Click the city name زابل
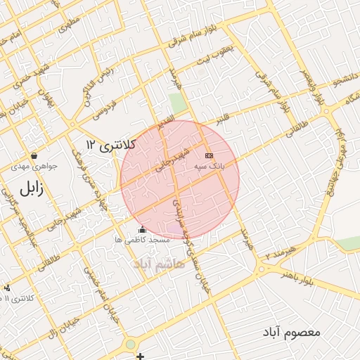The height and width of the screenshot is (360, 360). pos(30,189)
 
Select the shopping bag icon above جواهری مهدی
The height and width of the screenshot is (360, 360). pos(34,156)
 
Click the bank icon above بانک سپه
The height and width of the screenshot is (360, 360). pos(208,155)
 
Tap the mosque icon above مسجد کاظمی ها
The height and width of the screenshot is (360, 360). pos(143,229)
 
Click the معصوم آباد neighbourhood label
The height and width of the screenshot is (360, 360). pos(294,330)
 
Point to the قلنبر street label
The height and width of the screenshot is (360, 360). pos(222,120)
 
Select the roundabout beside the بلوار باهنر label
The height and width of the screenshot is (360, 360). pos(262,269)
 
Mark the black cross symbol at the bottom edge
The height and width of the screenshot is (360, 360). pos(141,356)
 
